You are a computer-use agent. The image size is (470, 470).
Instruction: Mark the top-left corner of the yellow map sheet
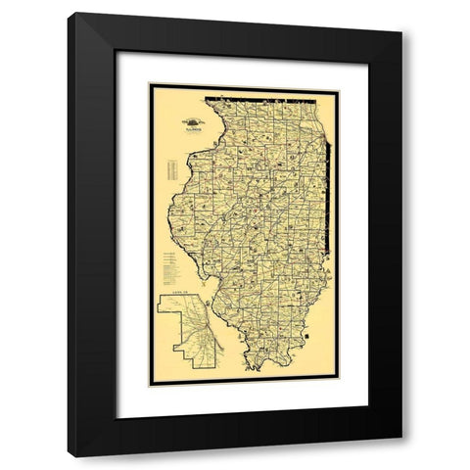click(x=151, y=87)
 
